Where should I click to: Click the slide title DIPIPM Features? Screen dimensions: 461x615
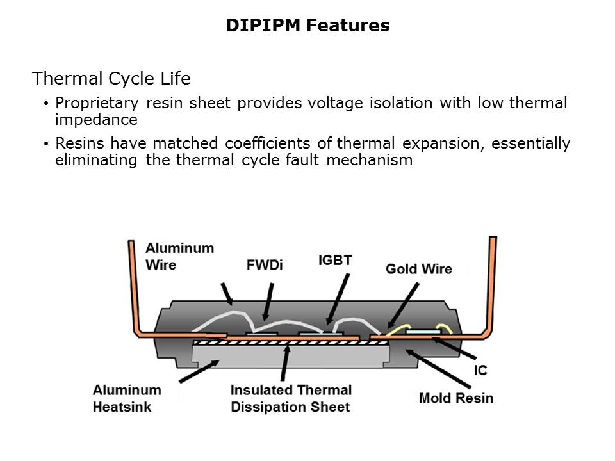(307, 26)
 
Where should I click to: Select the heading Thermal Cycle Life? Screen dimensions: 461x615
(111, 79)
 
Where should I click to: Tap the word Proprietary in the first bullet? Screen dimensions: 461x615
(97, 104)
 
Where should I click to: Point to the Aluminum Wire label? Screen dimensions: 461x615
(179, 255)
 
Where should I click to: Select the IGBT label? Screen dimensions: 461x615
(334, 261)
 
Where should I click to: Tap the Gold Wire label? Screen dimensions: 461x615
(418, 269)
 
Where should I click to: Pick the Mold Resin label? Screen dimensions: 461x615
(456, 398)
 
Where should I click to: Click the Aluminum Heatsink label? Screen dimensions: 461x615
(127, 398)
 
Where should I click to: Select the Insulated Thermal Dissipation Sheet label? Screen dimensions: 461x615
(291, 398)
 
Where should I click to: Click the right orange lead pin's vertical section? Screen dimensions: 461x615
(492, 282)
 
